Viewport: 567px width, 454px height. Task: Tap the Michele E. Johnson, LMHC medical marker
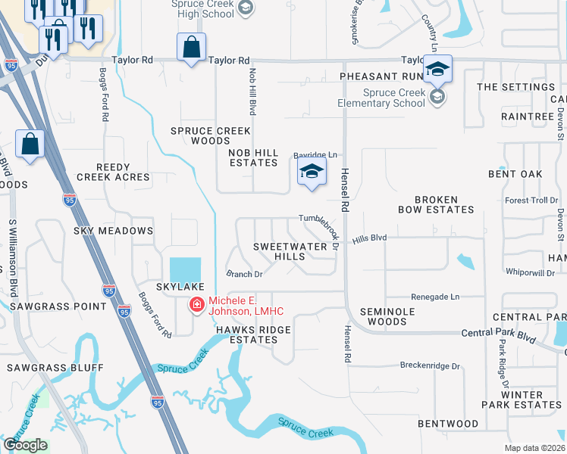point(196,305)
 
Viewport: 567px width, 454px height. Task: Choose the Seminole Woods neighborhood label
point(383,316)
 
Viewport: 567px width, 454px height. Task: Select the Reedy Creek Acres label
point(113,172)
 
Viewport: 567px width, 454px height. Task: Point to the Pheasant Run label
point(380,76)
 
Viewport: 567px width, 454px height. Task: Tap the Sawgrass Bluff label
point(55,368)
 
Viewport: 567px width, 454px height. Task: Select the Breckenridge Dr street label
point(430,365)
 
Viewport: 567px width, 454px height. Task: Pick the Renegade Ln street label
point(436,297)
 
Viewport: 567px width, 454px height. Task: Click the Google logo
point(25,445)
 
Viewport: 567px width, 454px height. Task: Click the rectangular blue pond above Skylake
point(186,269)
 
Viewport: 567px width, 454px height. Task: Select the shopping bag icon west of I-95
point(30,145)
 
